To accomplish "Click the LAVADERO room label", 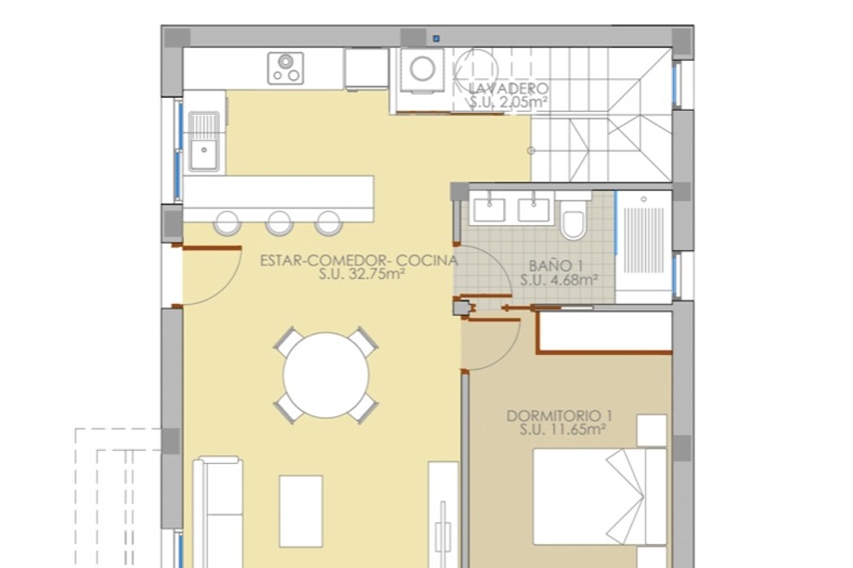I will tap(509, 89).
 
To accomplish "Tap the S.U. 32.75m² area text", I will tap(361, 275).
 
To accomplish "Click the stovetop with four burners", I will tap(285, 68).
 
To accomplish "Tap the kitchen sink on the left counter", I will tap(204, 155).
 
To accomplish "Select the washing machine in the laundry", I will tap(421, 69).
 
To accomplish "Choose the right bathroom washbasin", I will tap(533, 206).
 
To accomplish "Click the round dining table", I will tap(327, 375).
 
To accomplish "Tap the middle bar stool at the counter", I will tap(279, 223).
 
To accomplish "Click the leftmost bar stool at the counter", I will tap(226, 223).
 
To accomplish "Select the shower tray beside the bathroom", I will tap(643, 246).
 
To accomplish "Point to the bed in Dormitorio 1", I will tap(600, 496).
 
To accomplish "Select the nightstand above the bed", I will tap(652, 430).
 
